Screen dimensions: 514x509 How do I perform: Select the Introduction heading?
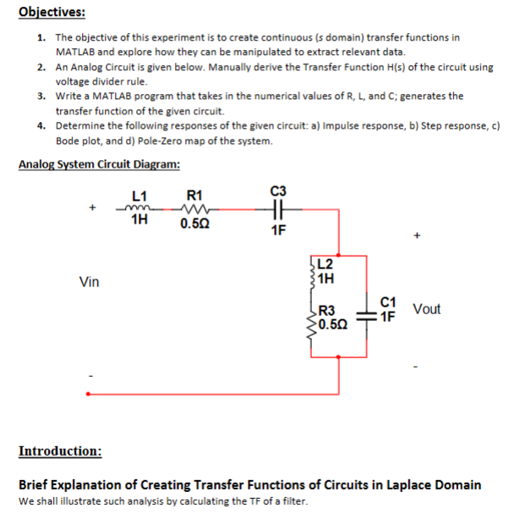(x=60, y=450)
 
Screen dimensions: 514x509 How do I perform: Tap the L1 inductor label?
(x=140, y=196)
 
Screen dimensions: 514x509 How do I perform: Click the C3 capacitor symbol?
(x=278, y=211)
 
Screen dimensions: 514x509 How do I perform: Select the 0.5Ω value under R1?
(x=195, y=225)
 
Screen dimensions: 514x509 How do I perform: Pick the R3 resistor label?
(x=328, y=310)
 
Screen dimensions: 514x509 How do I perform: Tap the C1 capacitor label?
(x=388, y=301)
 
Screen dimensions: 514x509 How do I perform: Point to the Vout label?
(x=427, y=309)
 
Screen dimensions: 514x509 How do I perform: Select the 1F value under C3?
(x=279, y=230)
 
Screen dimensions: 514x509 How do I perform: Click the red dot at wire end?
(x=88, y=393)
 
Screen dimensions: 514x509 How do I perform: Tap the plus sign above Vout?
(x=417, y=235)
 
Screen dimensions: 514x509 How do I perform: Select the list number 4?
(x=41, y=125)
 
